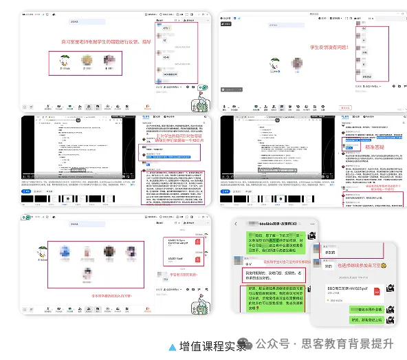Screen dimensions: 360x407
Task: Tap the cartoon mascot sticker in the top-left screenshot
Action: click(202, 103)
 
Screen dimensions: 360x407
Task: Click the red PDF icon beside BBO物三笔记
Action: click(377, 292)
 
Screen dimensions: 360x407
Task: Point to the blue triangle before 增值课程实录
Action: click(172, 346)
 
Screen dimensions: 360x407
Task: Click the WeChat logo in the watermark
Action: click(261, 343)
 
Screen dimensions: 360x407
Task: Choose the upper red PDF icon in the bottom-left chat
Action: click(197, 242)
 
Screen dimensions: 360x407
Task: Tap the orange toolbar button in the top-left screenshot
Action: click(147, 107)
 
